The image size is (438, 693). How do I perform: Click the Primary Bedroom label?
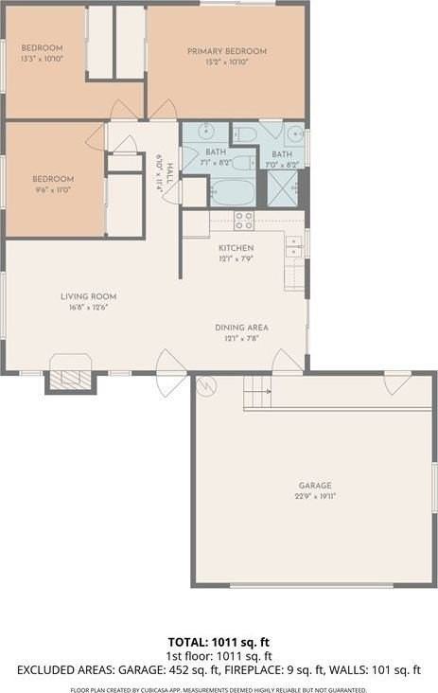pyautogui.click(x=226, y=51)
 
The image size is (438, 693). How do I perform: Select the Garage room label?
pyautogui.click(x=315, y=486)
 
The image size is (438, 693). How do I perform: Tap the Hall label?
pyautogui.click(x=169, y=171)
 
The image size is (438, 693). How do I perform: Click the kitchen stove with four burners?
pyautogui.click(x=243, y=221)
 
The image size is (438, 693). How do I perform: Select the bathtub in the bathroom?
pyautogui.click(x=233, y=192)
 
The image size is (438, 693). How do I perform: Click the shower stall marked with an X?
pyautogui.click(x=282, y=187)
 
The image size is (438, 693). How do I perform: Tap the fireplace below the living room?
pyautogui.click(x=70, y=379)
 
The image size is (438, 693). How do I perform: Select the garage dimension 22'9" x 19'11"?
pyautogui.click(x=315, y=495)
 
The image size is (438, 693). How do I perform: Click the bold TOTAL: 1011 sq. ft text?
pyautogui.click(x=219, y=641)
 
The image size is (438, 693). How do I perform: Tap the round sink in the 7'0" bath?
pyautogui.click(x=294, y=133)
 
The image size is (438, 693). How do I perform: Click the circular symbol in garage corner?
pyautogui.click(x=206, y=385)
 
